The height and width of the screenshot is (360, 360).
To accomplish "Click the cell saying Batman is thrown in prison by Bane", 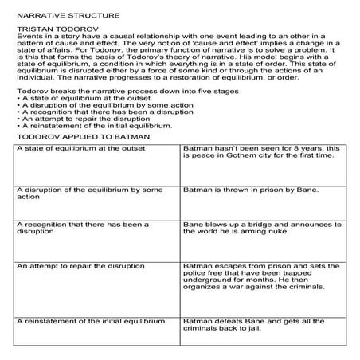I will click(x=251, y=190).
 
